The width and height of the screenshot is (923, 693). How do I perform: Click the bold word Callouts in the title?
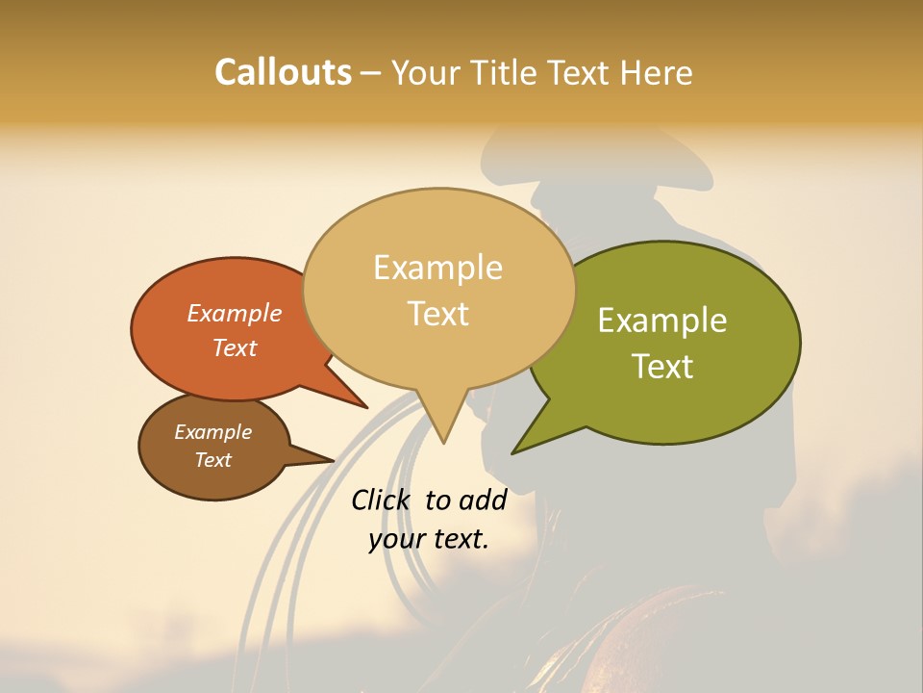(x=283, y=72)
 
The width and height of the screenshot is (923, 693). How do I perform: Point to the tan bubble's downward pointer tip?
(x=443, y=442)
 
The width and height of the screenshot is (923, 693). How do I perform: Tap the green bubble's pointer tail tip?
(x=513, y=452)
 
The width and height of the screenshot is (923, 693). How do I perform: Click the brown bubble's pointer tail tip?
(x=333, y=459)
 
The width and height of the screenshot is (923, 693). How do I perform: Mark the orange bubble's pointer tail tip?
(x=365, y=407)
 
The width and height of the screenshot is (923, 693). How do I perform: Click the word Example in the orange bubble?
(x=234, y=314)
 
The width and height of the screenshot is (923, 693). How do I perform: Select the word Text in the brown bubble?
(x=213, y=460)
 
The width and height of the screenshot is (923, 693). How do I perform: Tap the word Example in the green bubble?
(x=662, y=321)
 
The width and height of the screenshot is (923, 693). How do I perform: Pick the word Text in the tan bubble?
(x=438, y=314)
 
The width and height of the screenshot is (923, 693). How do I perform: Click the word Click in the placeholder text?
(x=381, y=500)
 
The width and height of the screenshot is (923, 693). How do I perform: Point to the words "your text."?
(x=429, y=539)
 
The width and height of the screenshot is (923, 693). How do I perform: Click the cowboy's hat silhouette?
(x=596, y=159)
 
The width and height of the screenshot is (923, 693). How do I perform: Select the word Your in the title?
(x=424, y=72)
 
